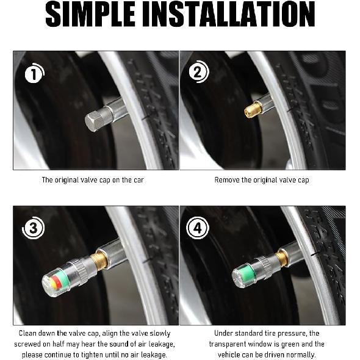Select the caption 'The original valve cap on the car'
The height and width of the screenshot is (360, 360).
coord(93,180)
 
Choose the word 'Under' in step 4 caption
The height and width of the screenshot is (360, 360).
coord(224,334)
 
